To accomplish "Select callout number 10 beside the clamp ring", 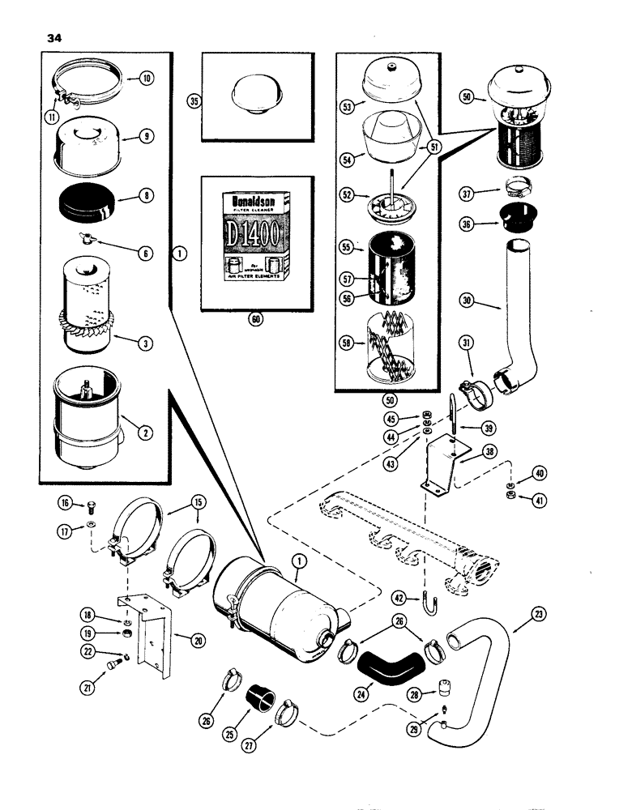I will pyautogui.click(x=147, y=79).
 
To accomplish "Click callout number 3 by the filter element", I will pyautogui.click(x=147, y=344).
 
